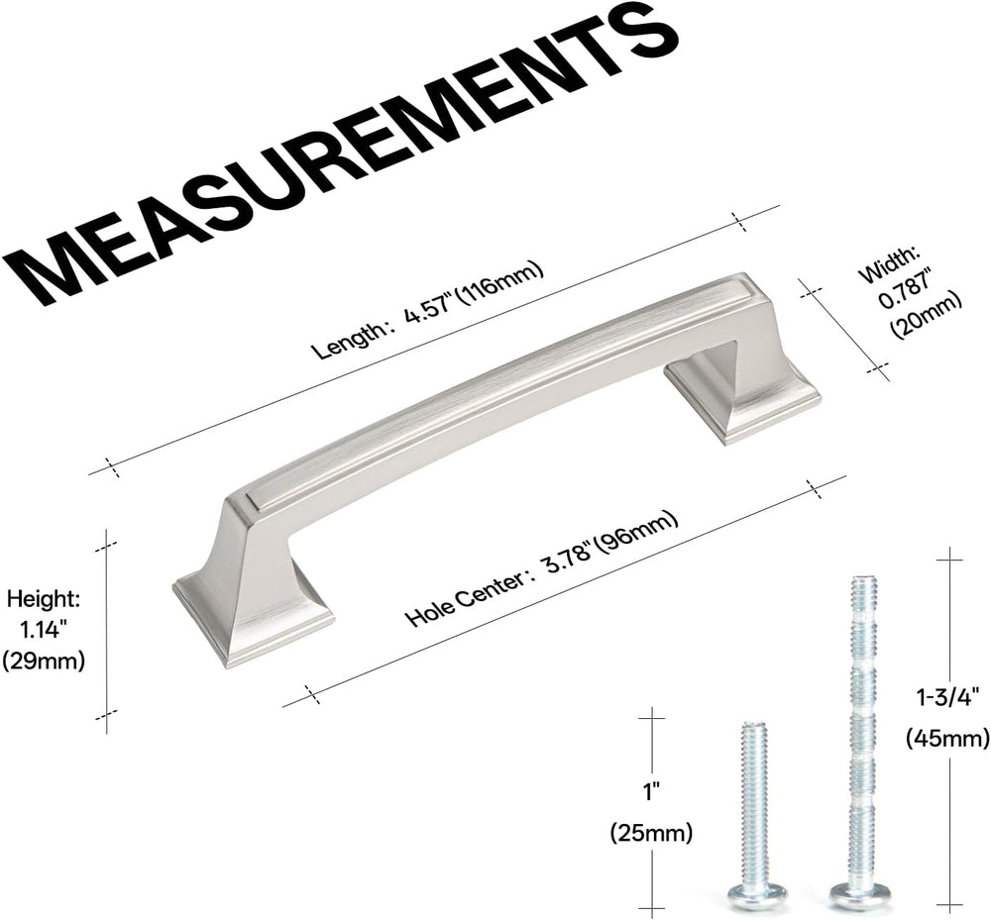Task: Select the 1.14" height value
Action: pos(44,630)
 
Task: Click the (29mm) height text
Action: pos(43,662)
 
